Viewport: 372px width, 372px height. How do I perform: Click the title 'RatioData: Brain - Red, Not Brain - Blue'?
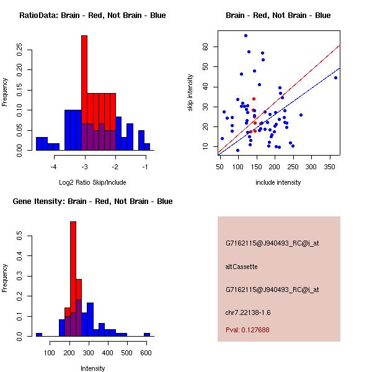click(92, 15)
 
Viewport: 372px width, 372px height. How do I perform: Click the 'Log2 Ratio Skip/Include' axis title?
click(92, 182)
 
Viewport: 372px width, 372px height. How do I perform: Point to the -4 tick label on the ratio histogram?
click(54, 167)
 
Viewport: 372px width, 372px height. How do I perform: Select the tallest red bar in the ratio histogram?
click(84, 93)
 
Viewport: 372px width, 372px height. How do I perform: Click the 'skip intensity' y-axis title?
click(191, 93)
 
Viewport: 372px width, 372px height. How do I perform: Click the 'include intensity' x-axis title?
click(278, 182)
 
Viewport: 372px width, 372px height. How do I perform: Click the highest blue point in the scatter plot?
click(246, 35)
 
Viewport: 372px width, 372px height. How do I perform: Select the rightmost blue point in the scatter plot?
click(335, 77)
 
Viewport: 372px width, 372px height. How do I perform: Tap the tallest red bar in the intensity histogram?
click(73, 279)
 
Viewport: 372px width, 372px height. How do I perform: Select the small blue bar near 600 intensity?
click(147, 334)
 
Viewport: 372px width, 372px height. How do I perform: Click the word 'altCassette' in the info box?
click(241, 267)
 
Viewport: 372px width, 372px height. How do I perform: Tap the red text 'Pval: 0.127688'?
click(247, 330)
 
